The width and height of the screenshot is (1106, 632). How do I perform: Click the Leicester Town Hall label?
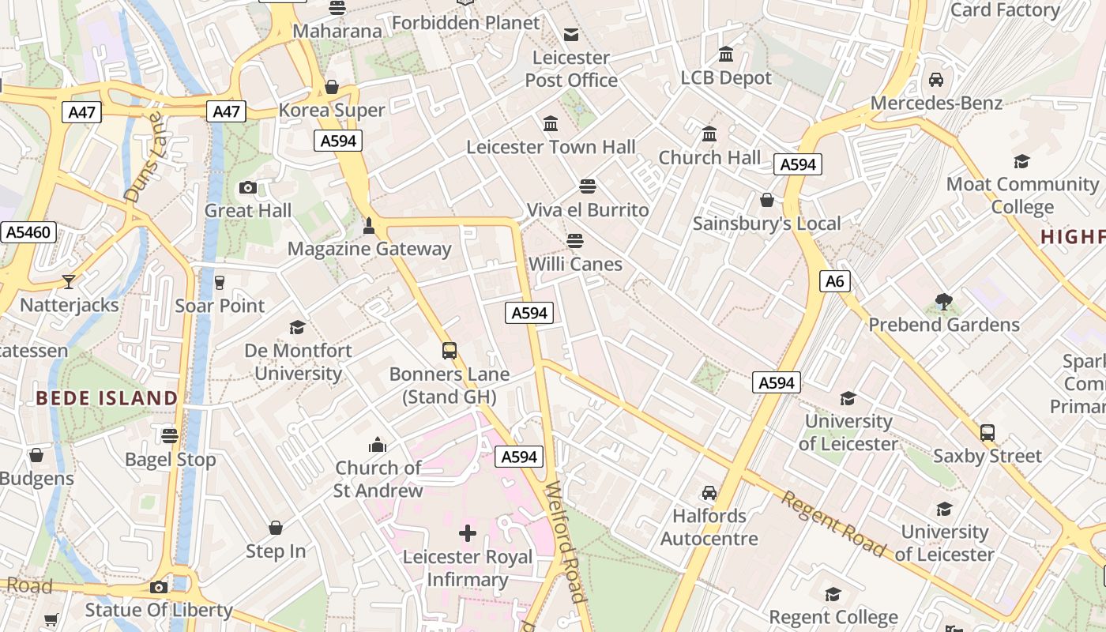(x=551, y=147)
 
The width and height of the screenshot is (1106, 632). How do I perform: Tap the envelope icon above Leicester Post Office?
(x=570, y=34)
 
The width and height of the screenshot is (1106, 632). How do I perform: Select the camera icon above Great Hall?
(x=248, y=187)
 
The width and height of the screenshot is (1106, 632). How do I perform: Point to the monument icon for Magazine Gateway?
(x=368, y=227)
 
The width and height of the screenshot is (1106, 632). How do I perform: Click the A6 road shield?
(x=834, y=281)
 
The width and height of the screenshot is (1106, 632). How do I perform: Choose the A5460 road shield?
(x=28, y=232)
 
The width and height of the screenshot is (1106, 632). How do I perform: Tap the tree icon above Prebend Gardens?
(x=943, y=301)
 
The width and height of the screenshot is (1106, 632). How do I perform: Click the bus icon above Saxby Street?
(x=987, y=432)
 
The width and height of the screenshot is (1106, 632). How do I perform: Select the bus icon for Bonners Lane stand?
(x=450, y=350)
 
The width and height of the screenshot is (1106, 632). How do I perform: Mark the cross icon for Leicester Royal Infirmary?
(x=468, y=533)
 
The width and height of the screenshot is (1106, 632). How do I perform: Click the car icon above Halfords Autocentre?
(x=709, y=492)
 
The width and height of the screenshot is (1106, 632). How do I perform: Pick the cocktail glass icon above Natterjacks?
(x=69, y=282)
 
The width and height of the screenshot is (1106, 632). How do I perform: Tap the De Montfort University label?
(x=298, y=362)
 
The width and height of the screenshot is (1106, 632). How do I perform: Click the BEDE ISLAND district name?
(x=107, y=397)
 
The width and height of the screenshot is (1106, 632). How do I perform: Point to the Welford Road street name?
(x=566, y=542)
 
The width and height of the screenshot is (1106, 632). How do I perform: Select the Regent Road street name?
(x=833, y=522)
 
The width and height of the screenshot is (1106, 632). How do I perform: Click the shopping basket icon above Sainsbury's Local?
(x=766, y=201)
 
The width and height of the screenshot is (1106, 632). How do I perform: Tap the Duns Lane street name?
(x=143, y=156)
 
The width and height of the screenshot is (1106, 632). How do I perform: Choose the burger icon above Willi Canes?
(x=575, y=240)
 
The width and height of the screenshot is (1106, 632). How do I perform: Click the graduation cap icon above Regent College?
(x=833, y=593)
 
